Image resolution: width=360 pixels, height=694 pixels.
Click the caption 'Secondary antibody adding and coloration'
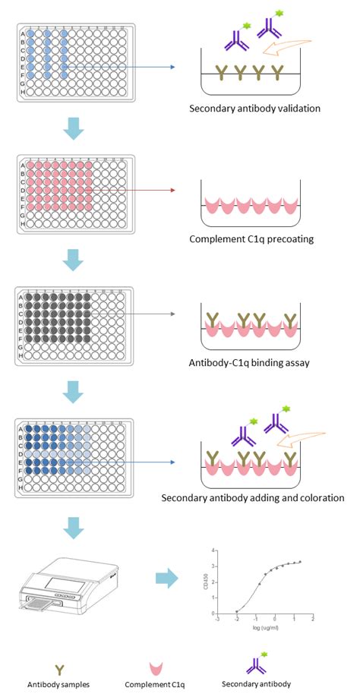point(253,498)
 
